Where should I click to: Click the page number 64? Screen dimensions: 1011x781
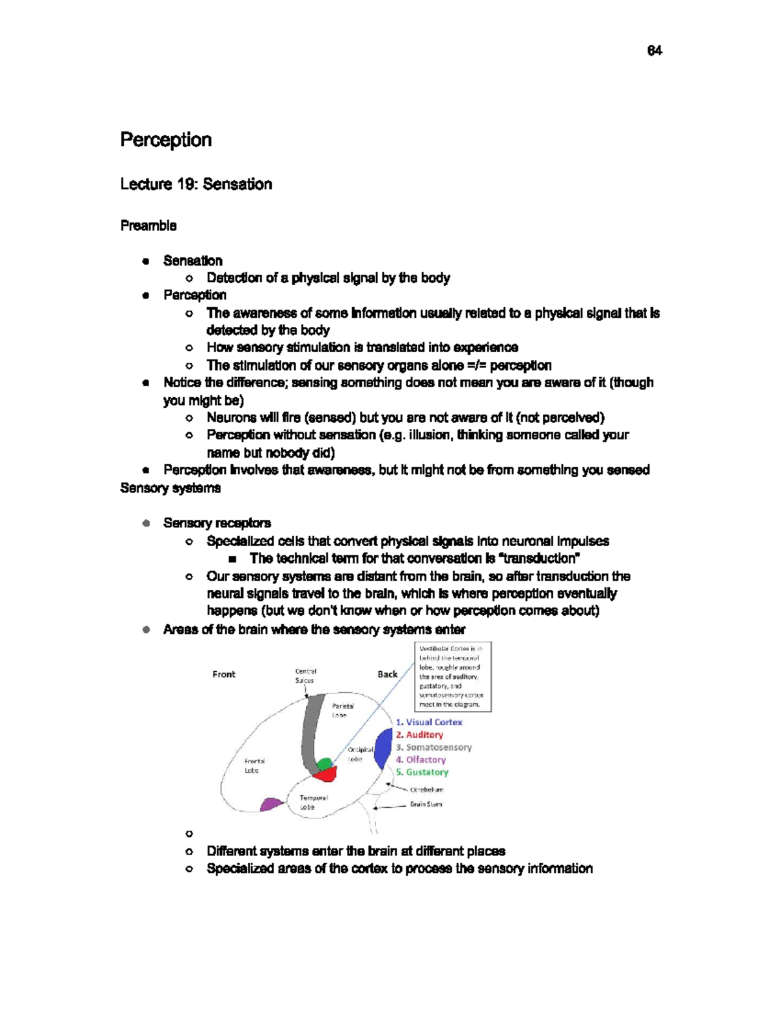[654, 51]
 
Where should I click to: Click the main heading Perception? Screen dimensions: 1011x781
[166, 140]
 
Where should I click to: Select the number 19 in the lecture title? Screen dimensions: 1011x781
[187, 184]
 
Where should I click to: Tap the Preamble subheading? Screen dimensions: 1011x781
[148, 226]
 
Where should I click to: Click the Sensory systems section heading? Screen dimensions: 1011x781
[171, 488]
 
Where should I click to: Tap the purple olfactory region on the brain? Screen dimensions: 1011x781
[271, 805]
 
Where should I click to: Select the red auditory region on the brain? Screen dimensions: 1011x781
[326, 775]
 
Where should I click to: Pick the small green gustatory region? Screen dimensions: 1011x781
[323, 763]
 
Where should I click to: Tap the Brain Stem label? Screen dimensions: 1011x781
[426, 805]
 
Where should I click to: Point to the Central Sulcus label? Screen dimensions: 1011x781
[305, 676]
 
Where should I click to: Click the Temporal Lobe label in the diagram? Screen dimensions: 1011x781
[313, 802]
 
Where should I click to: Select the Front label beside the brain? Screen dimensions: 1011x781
[223, 674]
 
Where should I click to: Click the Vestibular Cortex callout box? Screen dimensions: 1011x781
[452, 676]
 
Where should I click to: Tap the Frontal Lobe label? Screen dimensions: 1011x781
[254, 766]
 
